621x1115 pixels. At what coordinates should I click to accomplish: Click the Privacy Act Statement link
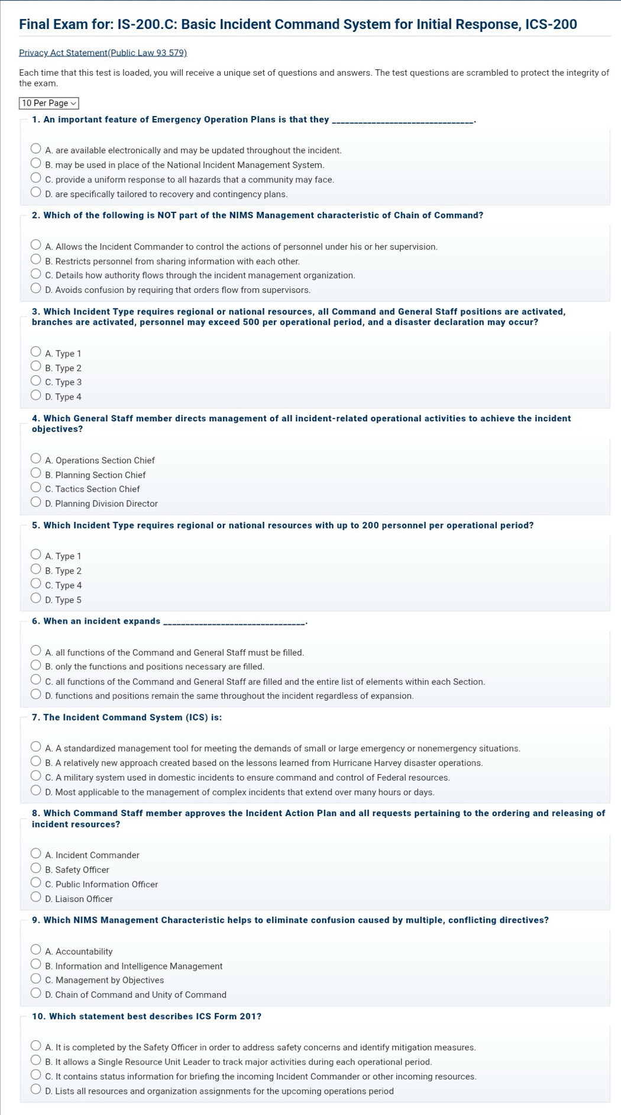tap(103, 53)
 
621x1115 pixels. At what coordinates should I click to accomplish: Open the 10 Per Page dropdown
tap(49, 103)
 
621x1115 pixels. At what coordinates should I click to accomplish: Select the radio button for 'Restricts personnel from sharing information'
tap(36, 260)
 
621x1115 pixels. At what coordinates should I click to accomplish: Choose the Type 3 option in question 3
tap(36, 382)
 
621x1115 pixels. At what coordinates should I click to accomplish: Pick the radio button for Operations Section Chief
tap(36, 460)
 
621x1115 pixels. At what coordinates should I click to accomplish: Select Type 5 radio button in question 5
tap(36, 599)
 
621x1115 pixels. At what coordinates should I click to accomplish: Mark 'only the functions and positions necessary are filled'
tap(36, 666)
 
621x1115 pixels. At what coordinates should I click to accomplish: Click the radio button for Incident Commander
tap(36, 855)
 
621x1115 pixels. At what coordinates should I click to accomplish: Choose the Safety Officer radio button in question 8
tap(36, 869)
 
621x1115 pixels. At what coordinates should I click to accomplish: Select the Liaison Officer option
tap(36, 898)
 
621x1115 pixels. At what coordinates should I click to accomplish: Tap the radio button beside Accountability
tap(36, 951)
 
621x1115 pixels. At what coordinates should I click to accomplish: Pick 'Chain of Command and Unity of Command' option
tap(36, 994)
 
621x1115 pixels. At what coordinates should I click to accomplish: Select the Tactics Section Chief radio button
tap(36, 489)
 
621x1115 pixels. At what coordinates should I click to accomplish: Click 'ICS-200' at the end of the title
tap(551, 25)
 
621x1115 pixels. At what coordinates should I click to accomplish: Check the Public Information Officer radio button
tap(36, 884)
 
